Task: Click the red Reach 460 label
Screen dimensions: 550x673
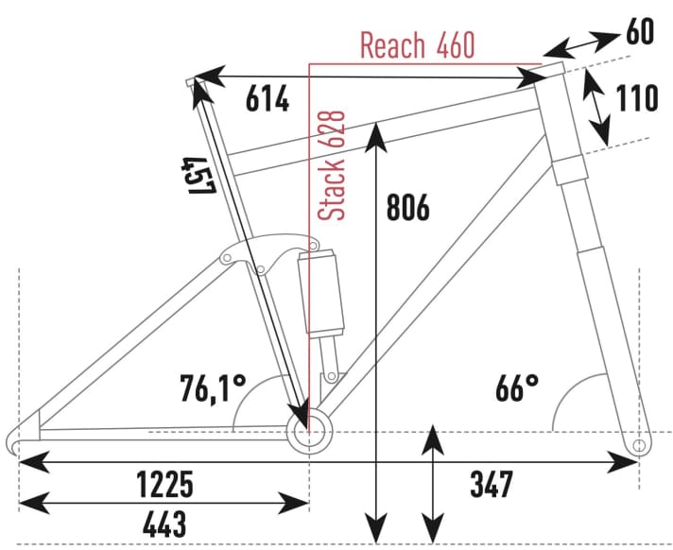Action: point(417,44)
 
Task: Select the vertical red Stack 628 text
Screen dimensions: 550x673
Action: point(332,165)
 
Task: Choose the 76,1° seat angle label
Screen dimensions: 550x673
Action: point(213,387)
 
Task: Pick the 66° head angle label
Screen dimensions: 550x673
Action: point(516,387)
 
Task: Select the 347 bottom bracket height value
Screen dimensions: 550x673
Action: point(491,485)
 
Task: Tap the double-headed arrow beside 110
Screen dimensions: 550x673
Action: point(595,104)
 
